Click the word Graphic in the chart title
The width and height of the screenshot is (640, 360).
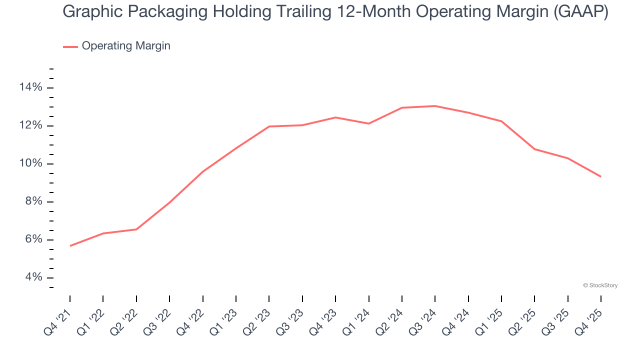click(92, 12)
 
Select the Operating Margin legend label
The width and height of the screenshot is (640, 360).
click(126, 46)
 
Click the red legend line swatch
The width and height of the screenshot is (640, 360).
click(70, 46)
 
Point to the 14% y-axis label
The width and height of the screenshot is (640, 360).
click(30, 87)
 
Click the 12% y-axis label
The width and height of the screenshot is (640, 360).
click(30, 125)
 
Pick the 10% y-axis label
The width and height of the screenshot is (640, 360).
click(30, 164)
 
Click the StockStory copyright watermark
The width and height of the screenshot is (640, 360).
click(600, 285)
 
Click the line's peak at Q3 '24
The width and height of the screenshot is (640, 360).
click(435, 106)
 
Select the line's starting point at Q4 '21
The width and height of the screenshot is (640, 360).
click(70, 245)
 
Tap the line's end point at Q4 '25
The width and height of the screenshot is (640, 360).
click(600, 176)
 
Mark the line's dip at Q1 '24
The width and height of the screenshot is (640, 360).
click(368, 123)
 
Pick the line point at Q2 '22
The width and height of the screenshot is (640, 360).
click(136, 229)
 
